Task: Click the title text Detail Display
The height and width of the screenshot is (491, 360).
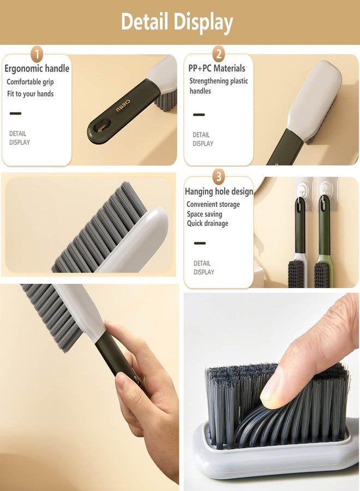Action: (177, 22)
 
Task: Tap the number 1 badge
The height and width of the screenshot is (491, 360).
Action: (37, 55)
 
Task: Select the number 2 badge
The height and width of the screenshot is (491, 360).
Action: (219, 54)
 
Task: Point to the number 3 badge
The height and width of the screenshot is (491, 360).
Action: (219, 177)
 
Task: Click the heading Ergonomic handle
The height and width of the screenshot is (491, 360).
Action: (37, 69)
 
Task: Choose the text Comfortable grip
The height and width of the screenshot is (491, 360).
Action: (30, 82)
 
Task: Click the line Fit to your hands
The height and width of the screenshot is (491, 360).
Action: (30, 94)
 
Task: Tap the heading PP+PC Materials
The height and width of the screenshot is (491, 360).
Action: (217, 68)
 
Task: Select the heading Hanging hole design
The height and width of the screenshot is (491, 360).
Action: (219, 191)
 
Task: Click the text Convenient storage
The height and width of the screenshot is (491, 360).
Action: (213, 205)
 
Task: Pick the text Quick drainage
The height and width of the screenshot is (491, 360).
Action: (208, 224)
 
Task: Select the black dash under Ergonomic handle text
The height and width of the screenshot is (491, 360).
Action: (15, 113)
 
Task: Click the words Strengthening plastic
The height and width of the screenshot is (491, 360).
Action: (218, 81)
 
